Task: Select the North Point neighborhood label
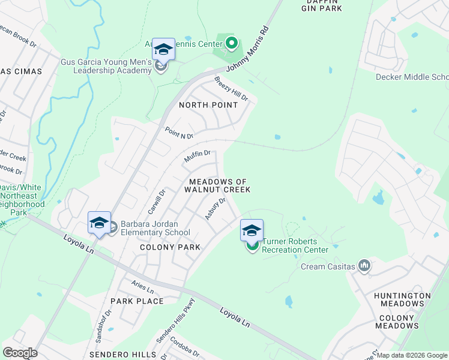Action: tap(208, 105)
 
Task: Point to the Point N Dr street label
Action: tap(179, 133)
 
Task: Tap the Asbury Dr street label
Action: tap(214, 209)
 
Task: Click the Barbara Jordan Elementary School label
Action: tap(155, 229)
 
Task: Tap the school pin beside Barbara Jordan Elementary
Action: tap(99, 223)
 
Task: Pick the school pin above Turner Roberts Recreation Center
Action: tap(252, 231)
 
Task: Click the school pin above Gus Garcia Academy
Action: tap(163, 49)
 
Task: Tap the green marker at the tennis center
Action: tap(232, 43)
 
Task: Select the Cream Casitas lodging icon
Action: tap(364, 265)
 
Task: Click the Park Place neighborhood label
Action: tap(137, 301)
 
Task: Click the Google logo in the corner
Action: tap(20, 353)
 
